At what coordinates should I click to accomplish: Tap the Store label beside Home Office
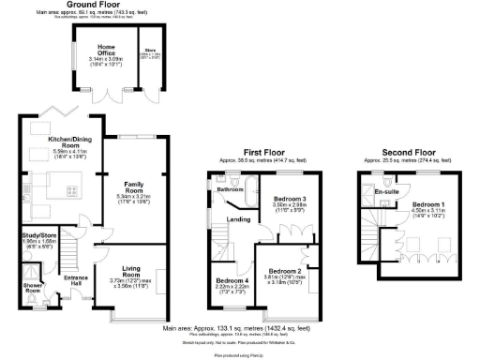point(148,52)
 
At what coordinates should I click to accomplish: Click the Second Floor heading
point(410,151)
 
